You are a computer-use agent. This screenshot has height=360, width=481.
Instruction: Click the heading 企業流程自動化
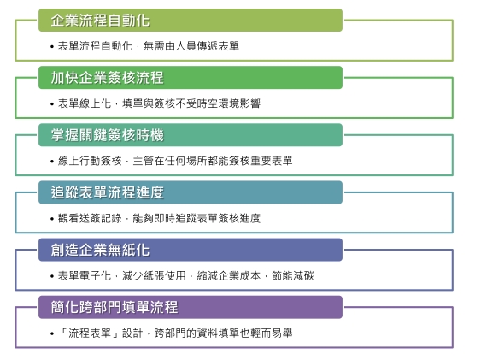pos(100,21)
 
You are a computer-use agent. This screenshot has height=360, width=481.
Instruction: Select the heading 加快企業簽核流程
pos(108,78)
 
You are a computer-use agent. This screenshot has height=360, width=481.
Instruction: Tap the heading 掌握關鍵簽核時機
pos(108,135)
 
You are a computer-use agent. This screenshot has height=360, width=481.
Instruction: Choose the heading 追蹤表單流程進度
pos(108,192)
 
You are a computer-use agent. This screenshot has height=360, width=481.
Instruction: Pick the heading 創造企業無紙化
pos(100,250)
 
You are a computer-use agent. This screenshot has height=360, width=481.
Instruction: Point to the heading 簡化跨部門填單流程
pos(114,307)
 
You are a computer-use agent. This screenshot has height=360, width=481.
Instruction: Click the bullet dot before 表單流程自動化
pos(52,47)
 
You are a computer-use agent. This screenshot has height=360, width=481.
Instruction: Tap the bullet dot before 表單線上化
pos(52,104)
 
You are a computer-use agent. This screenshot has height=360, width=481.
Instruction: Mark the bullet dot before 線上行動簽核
pos(52,162)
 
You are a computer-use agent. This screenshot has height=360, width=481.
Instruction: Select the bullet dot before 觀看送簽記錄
pos(52,219)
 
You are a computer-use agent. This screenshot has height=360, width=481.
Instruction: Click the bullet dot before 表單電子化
pos(52,276)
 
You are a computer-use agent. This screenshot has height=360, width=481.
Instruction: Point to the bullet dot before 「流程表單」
pos(52,333)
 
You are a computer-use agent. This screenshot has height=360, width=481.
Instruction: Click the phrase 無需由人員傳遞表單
pos(191,46)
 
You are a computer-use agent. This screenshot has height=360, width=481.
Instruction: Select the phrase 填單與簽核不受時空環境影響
pos(191,103)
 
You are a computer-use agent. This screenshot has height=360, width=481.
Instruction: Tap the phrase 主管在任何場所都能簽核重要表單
pos(213,161)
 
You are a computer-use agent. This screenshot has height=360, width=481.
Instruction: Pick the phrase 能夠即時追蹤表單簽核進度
pos(197,218)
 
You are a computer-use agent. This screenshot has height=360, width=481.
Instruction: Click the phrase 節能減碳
pos(293,275)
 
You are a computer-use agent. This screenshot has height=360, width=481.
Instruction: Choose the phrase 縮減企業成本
pos(228,275)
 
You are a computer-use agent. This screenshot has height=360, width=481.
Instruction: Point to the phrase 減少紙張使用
pos(154,275)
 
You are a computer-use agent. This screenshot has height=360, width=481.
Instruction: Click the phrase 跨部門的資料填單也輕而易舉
pos(223,333)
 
